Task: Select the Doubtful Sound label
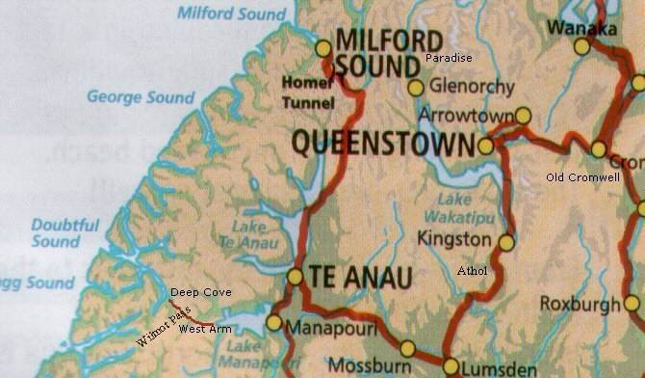(x=65, y=232)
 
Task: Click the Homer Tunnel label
(x=308, y=93)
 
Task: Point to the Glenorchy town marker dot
(x=416, y=88)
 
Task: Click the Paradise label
(x=449, y=59)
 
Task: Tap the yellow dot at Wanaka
(x=582, y=46)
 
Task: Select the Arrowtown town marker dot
(x=523, y=116)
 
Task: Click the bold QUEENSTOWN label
(x=382, y=145)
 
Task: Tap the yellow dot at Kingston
(x=506, y=242)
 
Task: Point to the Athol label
(x=472, y=271)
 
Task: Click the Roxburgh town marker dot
(x=632, y=303)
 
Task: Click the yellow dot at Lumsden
(x=451, y=365)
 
